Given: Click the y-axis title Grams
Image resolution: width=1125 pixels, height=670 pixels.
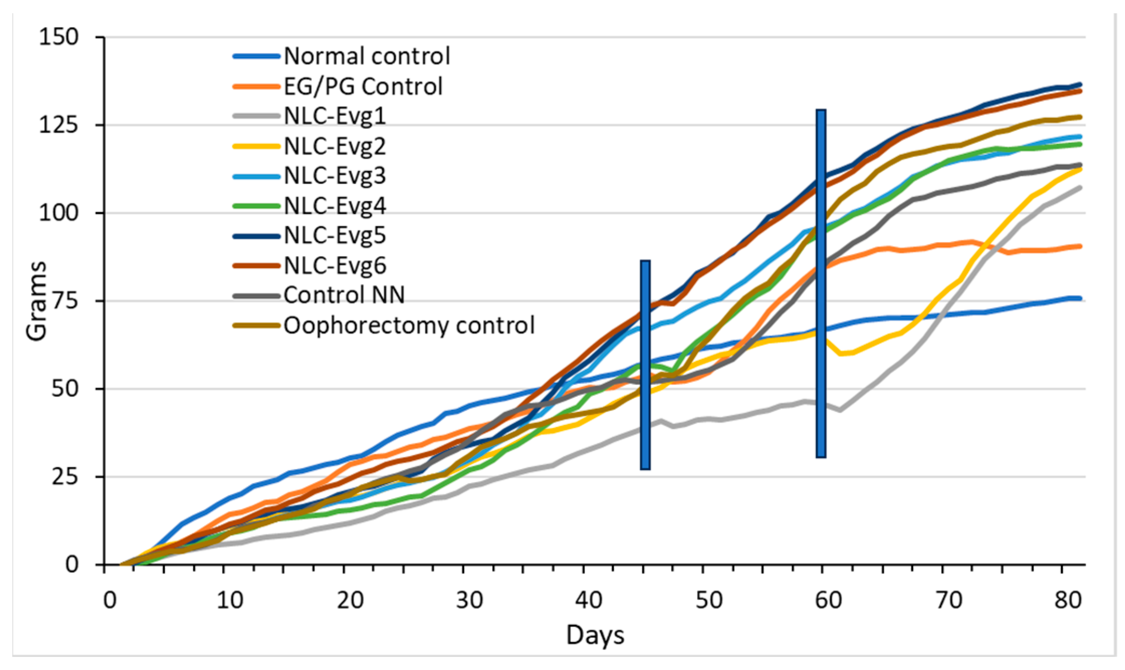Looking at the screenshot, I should (x=36, y=301).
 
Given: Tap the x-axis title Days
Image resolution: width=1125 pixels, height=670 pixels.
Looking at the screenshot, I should (x=595, y=635).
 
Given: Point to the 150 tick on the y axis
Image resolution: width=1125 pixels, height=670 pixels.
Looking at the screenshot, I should (x=59, y=37).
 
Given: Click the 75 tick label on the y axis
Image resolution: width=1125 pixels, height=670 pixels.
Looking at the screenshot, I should (x=65, y=301).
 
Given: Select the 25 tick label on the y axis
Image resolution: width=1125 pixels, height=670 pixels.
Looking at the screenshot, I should (x=65, y=476).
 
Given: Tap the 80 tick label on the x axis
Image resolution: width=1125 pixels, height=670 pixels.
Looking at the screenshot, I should (x=1068, y=600).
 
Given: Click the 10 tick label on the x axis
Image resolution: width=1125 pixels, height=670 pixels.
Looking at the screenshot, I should (x=230, y=600).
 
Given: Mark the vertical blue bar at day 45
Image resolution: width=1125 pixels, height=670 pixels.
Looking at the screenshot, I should (x=645, y=365).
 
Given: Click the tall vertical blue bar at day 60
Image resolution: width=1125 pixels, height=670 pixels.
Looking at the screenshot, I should (x=821, y=284).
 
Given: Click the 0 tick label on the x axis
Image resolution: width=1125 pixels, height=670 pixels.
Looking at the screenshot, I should (x=109, y=600).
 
